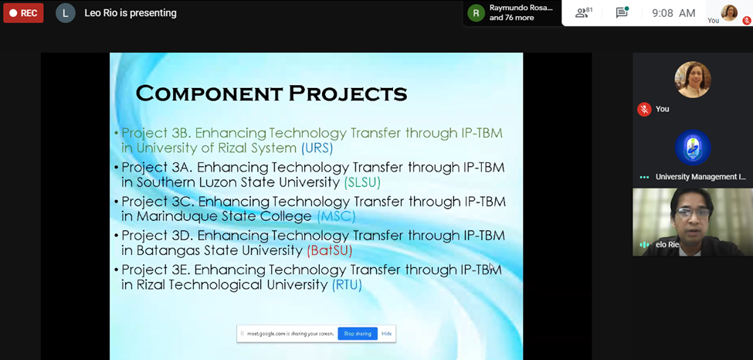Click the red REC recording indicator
(x=23, y=13)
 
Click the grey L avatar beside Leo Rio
(x=66, y=13)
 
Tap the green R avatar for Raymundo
(x=476, y=13)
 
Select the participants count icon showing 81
(x=584, y=12)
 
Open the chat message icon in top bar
(x=622, y=12)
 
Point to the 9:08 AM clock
(x=673, y=13)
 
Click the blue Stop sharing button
(x=358, y=334)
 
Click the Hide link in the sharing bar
(x=386, y=334)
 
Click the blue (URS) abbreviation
(x=317, y=148)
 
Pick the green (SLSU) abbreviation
(x=362, y=182)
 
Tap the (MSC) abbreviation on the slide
(x=336, y=217)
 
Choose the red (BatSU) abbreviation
(x=330, y=251)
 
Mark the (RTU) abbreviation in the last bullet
(x=347, y=285)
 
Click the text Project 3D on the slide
(x=157, y=236)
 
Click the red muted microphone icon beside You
(x=644, y=109)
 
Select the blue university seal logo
(x=693, y=148)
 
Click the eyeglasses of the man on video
(x=692, y=212)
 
